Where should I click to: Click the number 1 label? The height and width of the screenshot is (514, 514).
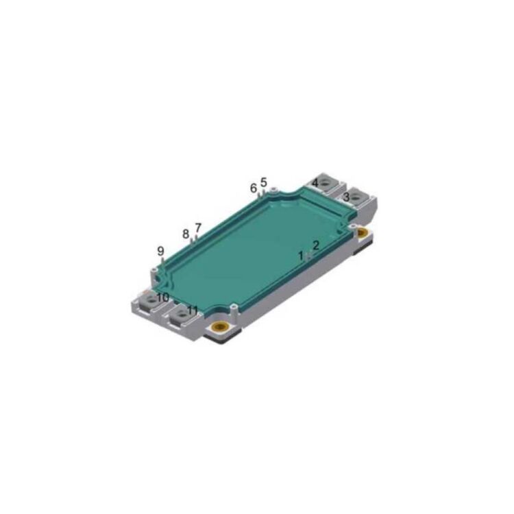[300, 255]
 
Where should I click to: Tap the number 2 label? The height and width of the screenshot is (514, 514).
[316, 245]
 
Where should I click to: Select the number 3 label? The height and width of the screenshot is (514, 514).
[347, 197]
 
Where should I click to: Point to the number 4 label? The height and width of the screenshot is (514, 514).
[315, 182]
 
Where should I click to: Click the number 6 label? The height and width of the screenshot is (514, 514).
[254, 187]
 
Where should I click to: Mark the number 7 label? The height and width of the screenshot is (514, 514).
[198, 228]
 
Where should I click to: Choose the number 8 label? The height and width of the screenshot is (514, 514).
[186, 234]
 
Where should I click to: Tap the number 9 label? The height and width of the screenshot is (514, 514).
[161, 251]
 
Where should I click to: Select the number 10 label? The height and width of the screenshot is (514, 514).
[162, 297]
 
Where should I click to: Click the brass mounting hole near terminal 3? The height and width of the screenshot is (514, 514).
[362, 234]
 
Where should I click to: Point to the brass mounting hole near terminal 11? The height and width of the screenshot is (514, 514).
[221, 328]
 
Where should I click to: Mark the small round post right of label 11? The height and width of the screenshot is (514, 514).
[233, 307]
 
